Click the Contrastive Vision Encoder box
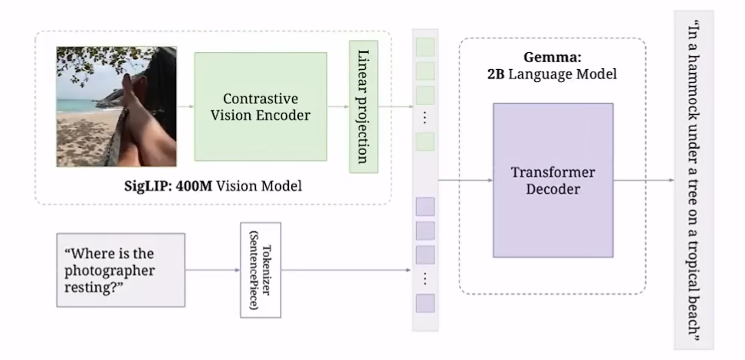[x=261, y=106]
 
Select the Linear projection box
[x=363, y=106]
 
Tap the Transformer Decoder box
[x=553, y=181]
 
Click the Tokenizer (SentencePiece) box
[x=261, y=270]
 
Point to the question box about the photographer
[x=120, y=270]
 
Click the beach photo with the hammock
[x=117, y=106]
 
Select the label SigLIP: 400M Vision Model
[x=213, y=185]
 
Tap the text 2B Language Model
[x=552, y=74]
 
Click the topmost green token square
[x=425, y=47]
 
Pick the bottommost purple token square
[x=425, y=303]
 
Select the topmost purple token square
[x=425, y=207]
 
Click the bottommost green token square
[x=425, y=142]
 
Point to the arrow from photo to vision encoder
[x=185, y=106]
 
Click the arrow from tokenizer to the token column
[x=346, y=270]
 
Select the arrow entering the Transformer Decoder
[x=466, y=180]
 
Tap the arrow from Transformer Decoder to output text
[x=644, y=180]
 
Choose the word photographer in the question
[x=110, y=270]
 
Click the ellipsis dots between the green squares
[x=425, y=117]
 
